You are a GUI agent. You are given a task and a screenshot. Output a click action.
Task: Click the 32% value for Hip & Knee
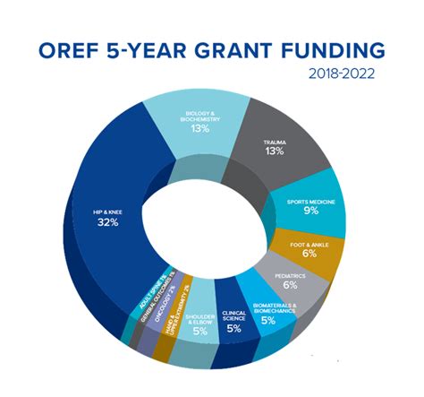(x=108, y=221)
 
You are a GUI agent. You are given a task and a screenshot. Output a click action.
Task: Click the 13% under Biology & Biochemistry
(x=199, y=128)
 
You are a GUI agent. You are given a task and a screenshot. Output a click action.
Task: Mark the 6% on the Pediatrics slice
(x=290, y=284)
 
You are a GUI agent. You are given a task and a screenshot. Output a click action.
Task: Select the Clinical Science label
(x=234, y=317)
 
